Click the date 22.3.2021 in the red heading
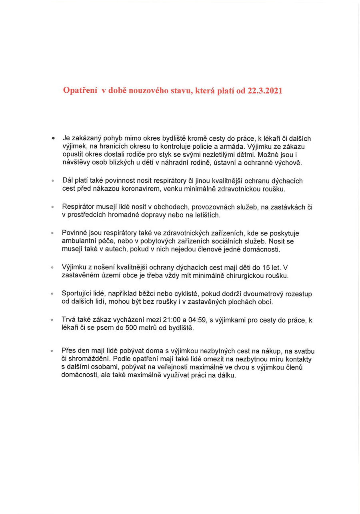pyautogui.click(x=265, y=91)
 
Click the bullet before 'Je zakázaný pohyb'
pyautogui.click(x=53, y=138)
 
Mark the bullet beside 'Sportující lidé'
pyautogui.click(x=52, y=294)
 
